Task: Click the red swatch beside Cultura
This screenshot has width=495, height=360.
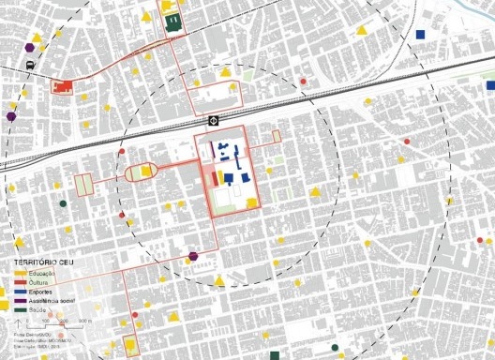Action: (x=20, y=281)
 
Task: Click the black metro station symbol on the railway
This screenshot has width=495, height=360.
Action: (x=214, y=120)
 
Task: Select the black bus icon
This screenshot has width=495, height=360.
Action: (x=31, y=65)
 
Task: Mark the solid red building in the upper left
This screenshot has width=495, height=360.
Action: (x=65, y=87)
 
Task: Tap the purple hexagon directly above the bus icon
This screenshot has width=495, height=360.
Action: (x=32, y=45)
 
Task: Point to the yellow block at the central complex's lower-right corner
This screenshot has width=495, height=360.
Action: (x=251, y=202)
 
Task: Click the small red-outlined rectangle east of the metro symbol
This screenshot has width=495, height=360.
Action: (x=277, y=137)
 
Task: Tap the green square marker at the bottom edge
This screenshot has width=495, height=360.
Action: (x=274, y=355)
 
